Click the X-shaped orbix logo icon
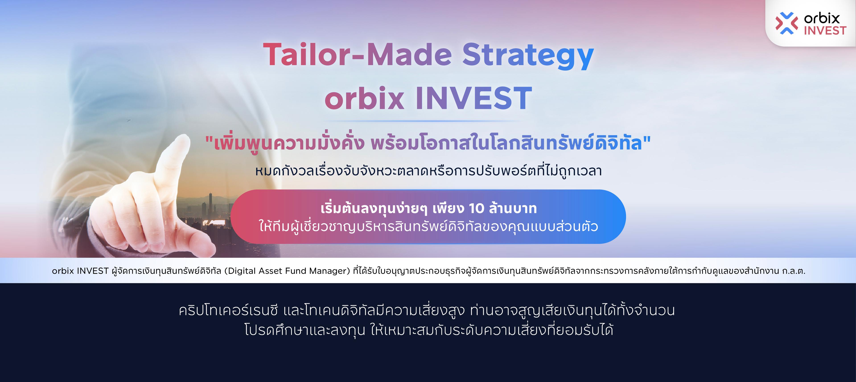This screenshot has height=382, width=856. point(786,23)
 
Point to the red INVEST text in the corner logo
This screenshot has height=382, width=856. point(825,31)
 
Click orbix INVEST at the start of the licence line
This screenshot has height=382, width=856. point(80,271)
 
